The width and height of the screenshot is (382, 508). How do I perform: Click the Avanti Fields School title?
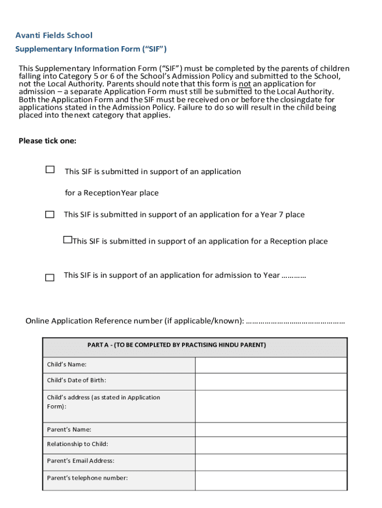[x=54, y=35]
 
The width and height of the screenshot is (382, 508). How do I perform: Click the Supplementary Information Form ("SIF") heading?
[x=91, y=49]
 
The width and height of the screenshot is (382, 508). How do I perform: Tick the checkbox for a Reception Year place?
[x=50, y=170]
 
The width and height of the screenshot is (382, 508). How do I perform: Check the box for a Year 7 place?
[x=50, y=215]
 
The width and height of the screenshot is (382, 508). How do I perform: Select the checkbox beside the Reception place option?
[x=67, y=240]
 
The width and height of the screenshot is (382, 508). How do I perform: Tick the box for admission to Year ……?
[x=50, y=278]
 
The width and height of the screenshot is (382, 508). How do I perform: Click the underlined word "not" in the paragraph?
[x=245, y=84]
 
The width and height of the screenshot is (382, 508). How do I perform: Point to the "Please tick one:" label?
[x=48, y=141]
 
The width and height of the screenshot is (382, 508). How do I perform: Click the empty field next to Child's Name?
[x=271, y=365]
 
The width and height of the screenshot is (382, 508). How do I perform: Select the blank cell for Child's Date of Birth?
[x=271, y=381]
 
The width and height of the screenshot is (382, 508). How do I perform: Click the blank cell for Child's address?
[x=271, y=406]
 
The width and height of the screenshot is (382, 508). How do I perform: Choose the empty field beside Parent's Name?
[x=271, y=430]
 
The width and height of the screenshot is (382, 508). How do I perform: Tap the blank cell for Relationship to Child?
[x=271, y=445]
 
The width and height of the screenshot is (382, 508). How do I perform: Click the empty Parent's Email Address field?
[x=271, y=462]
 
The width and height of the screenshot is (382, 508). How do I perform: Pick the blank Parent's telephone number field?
[x=271, y=480]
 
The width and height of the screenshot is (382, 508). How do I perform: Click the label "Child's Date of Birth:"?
[x=76, y=381]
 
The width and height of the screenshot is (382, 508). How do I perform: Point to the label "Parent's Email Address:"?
[x=80, y=461]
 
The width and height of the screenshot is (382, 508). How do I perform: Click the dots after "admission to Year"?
[x=294, y=275]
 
